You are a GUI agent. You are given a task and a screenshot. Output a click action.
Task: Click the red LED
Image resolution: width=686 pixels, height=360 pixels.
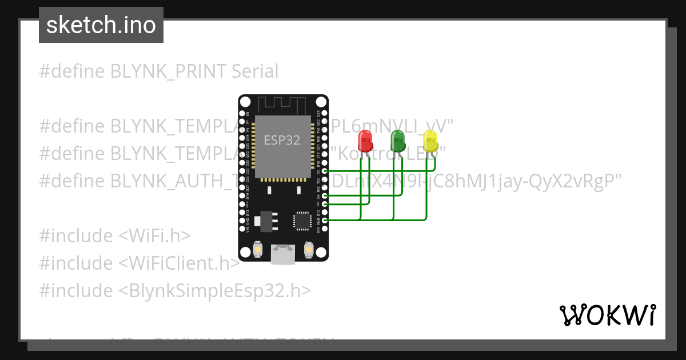(x=364, y=141)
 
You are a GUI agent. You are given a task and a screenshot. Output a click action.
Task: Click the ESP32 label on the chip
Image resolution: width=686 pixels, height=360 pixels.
(x=282, y=141)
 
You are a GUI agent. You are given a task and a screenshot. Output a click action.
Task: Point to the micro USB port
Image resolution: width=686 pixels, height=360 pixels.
(x=283, y=254)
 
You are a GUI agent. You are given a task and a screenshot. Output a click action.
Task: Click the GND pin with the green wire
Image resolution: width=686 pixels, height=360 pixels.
(x=325, y=220)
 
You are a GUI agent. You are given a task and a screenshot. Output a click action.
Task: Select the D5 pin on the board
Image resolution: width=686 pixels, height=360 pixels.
(x=325, y=171)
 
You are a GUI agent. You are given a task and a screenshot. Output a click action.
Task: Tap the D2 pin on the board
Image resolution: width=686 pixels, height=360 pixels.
(x=325, y=204)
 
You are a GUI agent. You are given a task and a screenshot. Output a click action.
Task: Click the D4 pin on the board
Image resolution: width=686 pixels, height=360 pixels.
(x=325, y=195)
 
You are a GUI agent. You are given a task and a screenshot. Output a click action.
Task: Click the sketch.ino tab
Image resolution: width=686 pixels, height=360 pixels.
(x=101, y=25)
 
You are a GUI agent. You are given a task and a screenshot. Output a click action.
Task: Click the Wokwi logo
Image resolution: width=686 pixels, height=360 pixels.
(x=607, y=315)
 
